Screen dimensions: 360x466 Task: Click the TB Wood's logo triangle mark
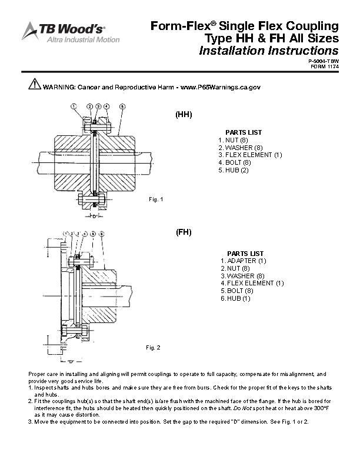(29, 31)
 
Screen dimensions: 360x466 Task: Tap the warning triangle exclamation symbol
(35, 84)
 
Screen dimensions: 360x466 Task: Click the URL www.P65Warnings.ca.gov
(221, 87)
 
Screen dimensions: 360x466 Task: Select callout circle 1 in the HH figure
(74, 106)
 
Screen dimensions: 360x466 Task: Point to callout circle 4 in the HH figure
(106, 106)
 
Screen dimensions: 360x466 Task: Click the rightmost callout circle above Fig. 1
(122, 106)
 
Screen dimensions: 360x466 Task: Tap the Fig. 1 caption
(156, 199)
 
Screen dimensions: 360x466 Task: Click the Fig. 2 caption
(153, 347)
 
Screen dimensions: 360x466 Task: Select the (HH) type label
(184, 114)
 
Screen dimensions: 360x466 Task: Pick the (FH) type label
(184, 232)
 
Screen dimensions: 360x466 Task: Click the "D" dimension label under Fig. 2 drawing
(71, 362)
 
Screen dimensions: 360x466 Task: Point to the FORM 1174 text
(325, 66)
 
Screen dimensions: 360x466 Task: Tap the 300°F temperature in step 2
(321, 408)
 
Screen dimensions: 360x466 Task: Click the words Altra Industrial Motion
(83, 39)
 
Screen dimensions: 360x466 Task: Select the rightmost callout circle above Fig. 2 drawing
(102, 234)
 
